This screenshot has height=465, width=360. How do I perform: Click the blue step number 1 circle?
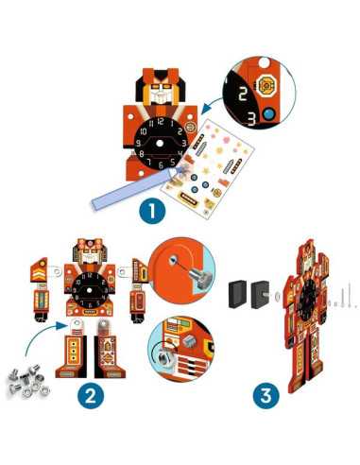click(152, 211)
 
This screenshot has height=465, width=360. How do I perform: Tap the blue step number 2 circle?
click(91, 396)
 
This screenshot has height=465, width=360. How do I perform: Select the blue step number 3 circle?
click(266, 396)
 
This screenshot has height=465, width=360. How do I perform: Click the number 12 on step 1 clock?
click(161, 121)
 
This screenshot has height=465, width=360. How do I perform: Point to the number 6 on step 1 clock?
click(161, 164)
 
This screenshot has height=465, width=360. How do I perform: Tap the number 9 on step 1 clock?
click(138, 144)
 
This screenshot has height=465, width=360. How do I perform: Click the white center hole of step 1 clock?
click(160, 144)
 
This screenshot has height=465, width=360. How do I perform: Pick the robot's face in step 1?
click(161, 92)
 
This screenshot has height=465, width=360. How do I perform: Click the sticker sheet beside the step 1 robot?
click(208, 167)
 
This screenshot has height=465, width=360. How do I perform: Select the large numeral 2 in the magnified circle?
click(243, 92)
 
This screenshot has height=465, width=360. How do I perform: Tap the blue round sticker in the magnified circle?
click(268, 114)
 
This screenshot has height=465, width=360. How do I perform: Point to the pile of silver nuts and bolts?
click(28, 380)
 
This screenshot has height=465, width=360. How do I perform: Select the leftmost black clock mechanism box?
click(237, 294)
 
